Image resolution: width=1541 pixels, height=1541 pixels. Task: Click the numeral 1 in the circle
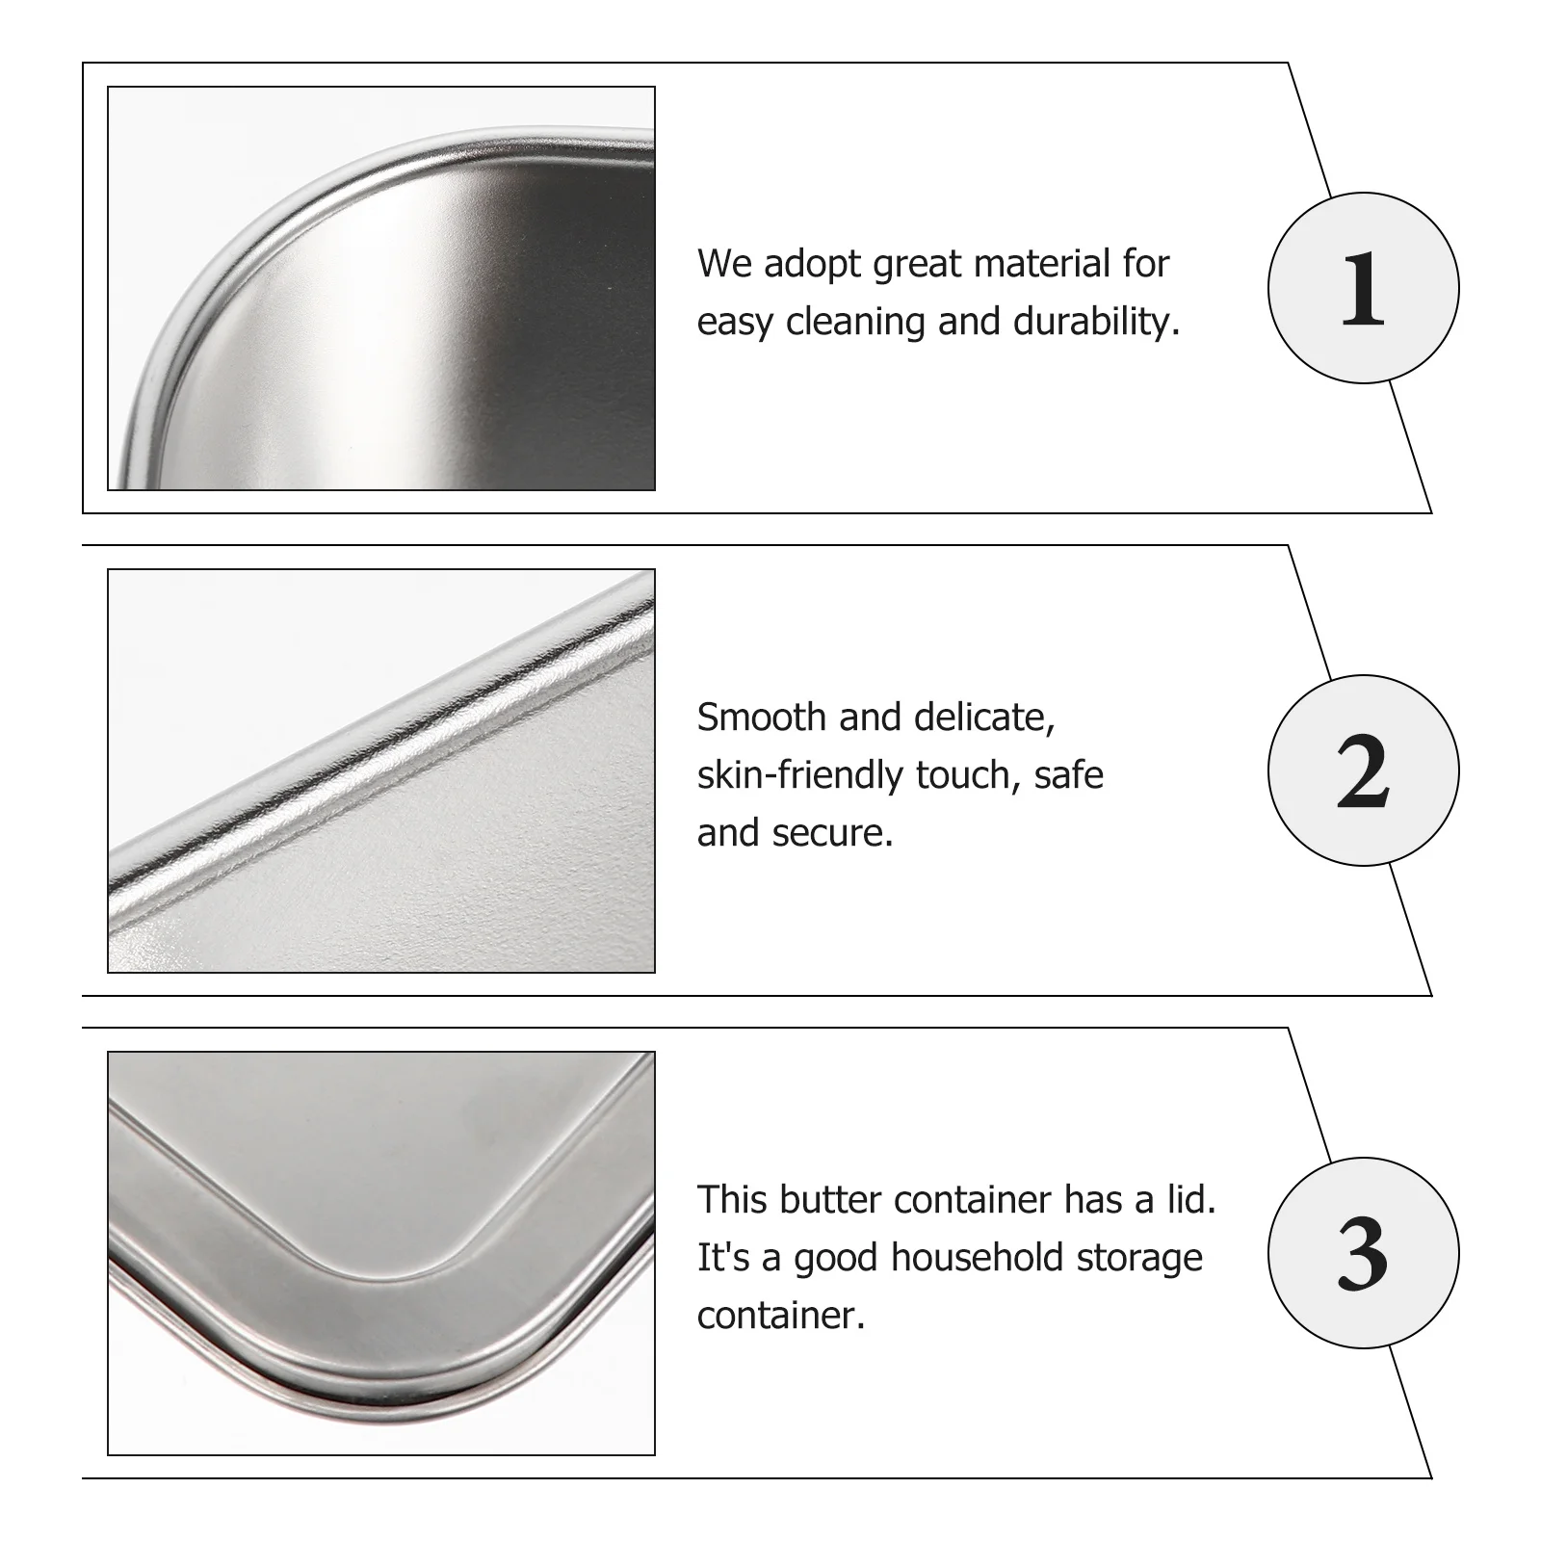pyautogui.click(x=1362, y=289)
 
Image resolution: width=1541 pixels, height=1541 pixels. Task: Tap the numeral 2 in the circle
pyautogui.click(x=1362, y=771)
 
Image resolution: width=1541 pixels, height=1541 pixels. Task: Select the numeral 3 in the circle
pyautogui.click(x=1362, y=1254)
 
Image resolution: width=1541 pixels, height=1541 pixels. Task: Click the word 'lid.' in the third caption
pyautogui.click(x=1188, y=1199)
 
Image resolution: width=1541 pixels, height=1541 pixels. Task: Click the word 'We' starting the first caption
pyautogui.click(x=724, y=263)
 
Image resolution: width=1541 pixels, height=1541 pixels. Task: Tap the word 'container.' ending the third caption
pyautogui.click(x=781, y=1315)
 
